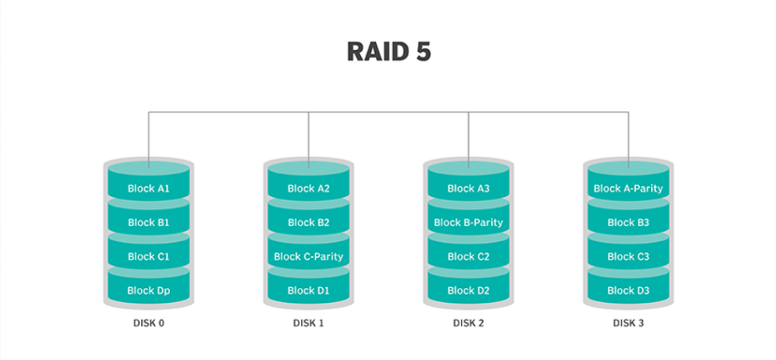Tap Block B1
coord(149,219)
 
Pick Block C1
coord(149,253)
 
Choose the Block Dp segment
coord(149,287)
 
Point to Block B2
coord(309,219)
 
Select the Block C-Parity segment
coord(309,253)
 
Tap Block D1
coord(309,287)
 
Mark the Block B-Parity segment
coord(468,219)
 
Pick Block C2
coord(468,253)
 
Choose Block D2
coord(468,287)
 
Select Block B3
coord(628,219)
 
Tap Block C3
coord(628,253)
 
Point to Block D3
coord(628,287)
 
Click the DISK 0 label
coord(149,323)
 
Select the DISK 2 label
coord(468,323)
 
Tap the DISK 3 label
coord(628,323)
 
